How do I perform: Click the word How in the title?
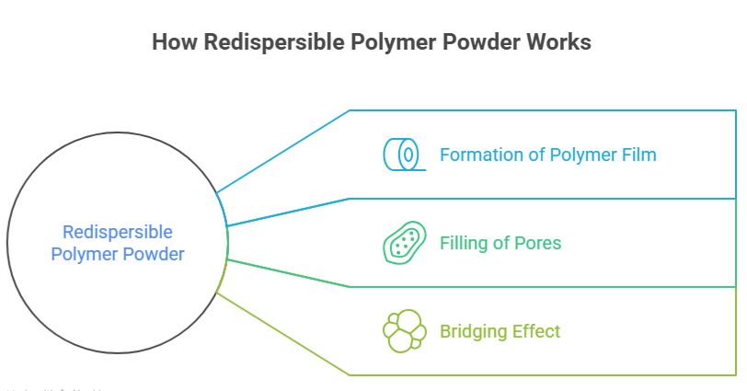coord(171,42)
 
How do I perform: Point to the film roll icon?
coord(403,155)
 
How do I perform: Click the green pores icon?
coord(403,244)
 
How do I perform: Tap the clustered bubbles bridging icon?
coord(403,331)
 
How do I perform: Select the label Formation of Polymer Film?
coord(547,155)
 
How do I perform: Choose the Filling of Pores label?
coord(500,244)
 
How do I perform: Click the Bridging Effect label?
coord(500,331)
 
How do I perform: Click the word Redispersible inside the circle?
coord(117,232)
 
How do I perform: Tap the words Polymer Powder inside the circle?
coord(117,254)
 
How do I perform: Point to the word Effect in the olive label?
coord(536,331)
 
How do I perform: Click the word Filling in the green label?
coord(464,244)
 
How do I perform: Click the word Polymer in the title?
coord(374,42)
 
